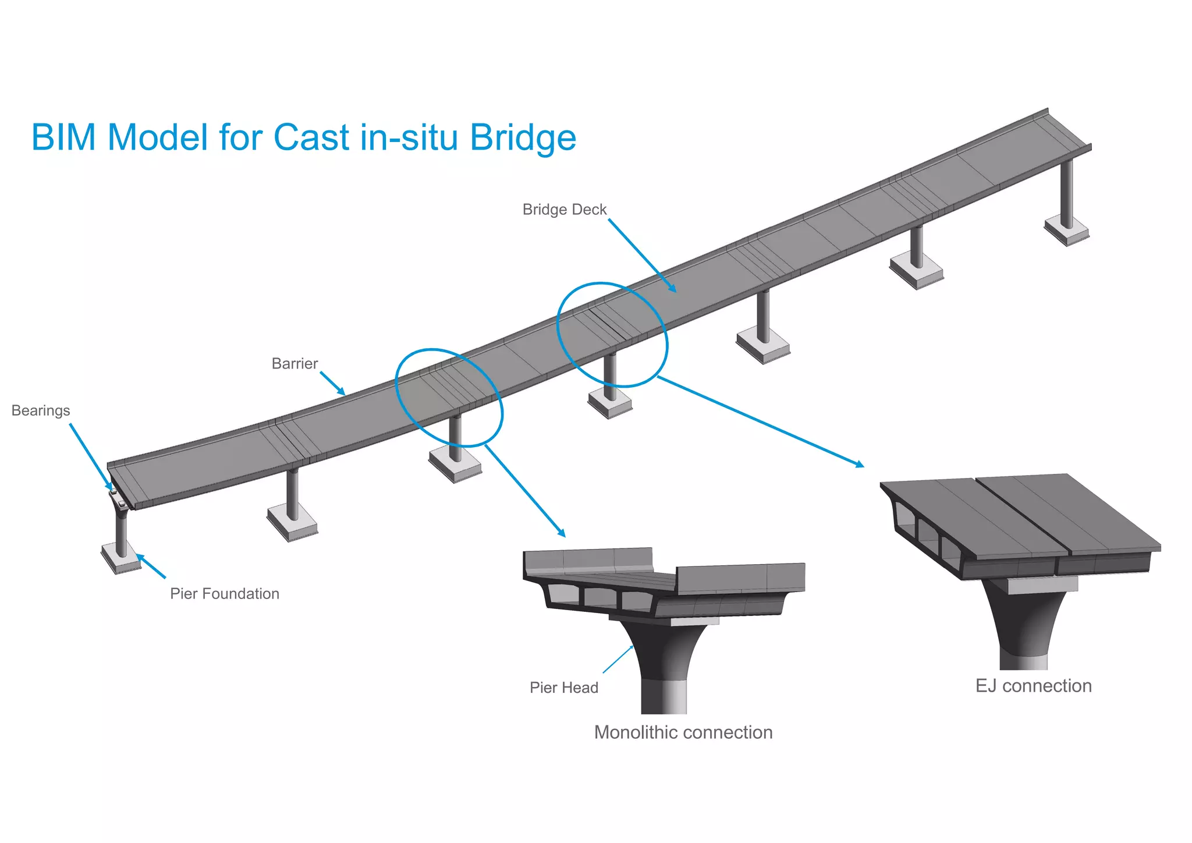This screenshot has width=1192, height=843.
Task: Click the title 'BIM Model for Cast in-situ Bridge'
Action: click(x=303, y=138)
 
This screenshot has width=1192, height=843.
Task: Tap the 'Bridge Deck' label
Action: click(x=564, y=210)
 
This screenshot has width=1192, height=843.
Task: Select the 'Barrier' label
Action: click(x=295, y=364)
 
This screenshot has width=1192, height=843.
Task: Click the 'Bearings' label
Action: click(x=41, y=411)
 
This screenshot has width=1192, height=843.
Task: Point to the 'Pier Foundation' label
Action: click(x=225, y=594)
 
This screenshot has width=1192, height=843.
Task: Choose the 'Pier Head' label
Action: click(x=563, y=688)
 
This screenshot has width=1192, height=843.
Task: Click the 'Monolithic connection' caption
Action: click(x=683, y=732)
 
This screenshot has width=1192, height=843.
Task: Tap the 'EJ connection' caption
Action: click(x=1033, y=686)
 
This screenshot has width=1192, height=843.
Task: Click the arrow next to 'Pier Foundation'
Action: click(x=151, y=566)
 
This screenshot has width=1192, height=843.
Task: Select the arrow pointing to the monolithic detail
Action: click(x=524, y=490)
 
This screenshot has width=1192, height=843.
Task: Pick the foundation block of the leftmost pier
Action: click(x=120, y=558)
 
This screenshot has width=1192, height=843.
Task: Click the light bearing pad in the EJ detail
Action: click(x=1042, y=585)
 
